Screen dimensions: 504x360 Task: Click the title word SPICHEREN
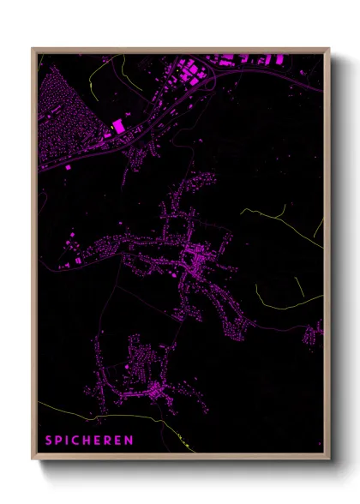(x=90, y=441)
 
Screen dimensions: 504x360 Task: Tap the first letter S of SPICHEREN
(x=49, y=441)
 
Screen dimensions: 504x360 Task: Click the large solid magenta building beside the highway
(x=118, y=127)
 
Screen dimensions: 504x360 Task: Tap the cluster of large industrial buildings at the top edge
(x=206, y=67)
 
